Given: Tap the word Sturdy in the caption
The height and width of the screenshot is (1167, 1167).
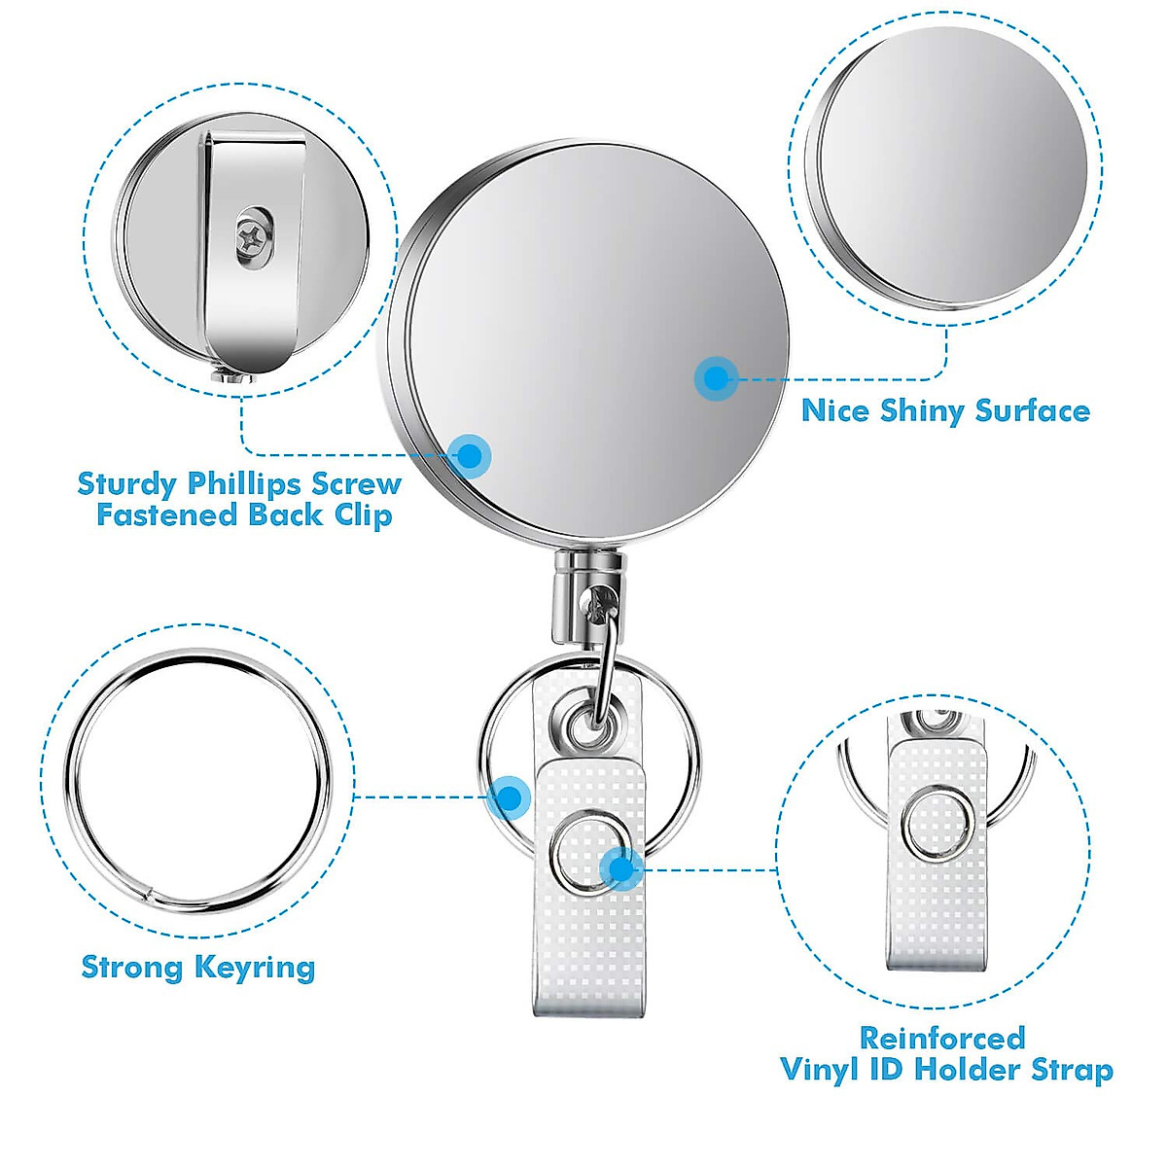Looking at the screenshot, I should pyautogui.click(x=127, y=483).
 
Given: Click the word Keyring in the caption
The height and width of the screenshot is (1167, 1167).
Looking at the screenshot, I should pyautogui.click(x=255, y=967).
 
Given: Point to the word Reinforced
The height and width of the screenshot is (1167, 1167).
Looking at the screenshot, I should pyautogui.click(x=941, y=1038).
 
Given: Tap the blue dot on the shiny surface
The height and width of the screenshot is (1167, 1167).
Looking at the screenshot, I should pyautogui.click(x=716, y=377).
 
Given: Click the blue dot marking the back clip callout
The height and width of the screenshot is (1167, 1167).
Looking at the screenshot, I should pyautogui.click(x=471, y=454).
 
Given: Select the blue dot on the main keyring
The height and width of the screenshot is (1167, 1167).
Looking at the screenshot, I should pyautogui.click(x=509, y=798).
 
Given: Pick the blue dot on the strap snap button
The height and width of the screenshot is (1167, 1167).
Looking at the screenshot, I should pyautogui.click(x=620, y=867).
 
